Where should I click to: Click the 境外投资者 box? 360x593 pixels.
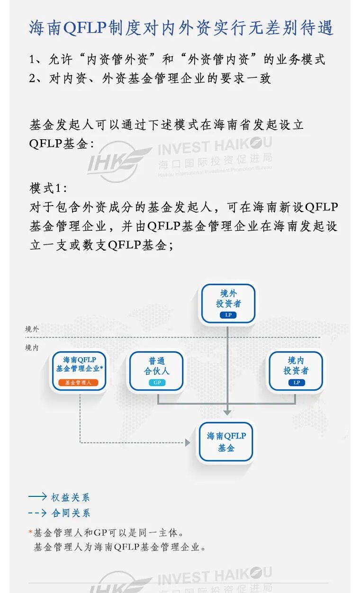point(228,303)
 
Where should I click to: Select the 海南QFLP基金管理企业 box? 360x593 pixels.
point(79,370)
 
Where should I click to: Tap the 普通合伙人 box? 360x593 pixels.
point(156,371)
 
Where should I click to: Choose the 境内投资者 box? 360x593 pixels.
point(296,371)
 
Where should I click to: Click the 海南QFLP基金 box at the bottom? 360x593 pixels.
point(226,441)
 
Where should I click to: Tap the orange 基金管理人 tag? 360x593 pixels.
point(78,382)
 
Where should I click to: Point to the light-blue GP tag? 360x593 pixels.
point(157,382)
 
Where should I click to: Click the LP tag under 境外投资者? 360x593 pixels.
point(228,315)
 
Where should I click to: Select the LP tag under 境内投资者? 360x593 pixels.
point(297,382)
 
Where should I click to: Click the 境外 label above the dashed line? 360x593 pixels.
point(32,329)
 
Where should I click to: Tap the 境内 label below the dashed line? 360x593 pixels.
point(32,348)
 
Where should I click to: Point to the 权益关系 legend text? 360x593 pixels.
point(71,497)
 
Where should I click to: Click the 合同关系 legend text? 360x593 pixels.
point(71,513)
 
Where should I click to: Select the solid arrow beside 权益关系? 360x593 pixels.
point(38,497)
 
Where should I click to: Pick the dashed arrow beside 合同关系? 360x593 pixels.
point(38,513)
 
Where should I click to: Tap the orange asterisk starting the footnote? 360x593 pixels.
point(31,532)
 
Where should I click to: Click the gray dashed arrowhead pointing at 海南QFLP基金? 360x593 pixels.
point(188,443)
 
